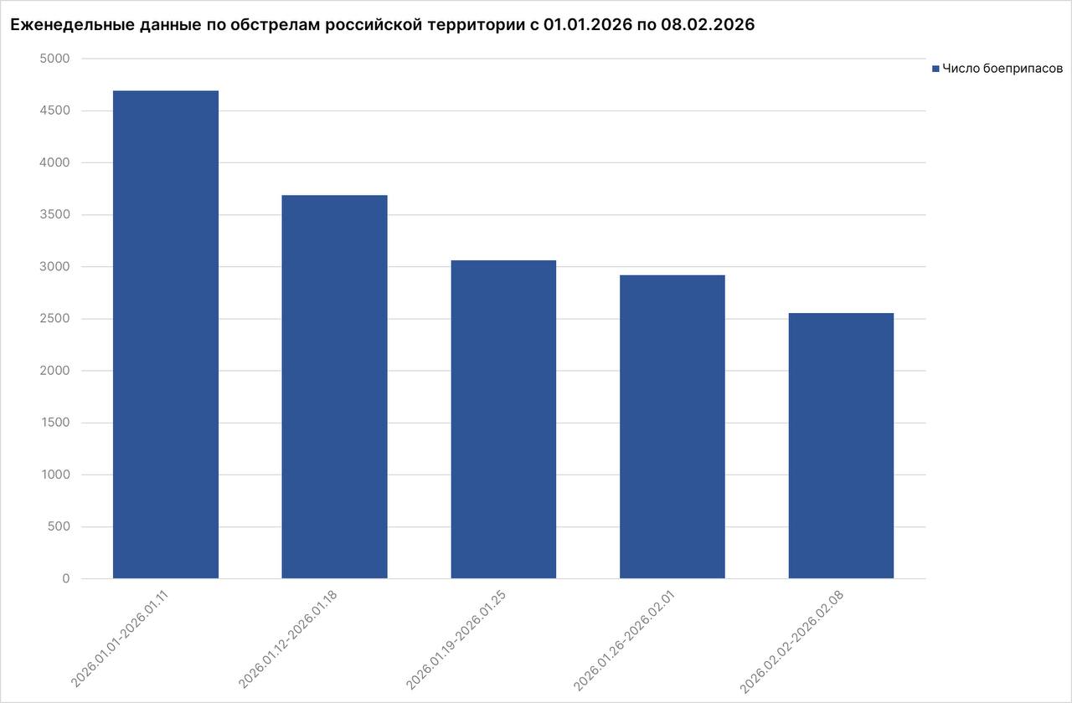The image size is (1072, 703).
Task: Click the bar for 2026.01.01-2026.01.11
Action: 166,335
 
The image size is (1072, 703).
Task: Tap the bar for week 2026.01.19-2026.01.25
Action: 503,419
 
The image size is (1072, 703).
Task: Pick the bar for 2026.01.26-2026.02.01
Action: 673,427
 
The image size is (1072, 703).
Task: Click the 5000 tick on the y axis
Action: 54,59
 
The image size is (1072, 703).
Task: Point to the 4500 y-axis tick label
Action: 54,110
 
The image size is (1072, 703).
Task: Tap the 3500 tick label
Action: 54,215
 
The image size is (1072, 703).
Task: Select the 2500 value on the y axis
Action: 54,319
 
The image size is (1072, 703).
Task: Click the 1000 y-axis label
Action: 54,475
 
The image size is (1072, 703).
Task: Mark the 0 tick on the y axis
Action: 65,579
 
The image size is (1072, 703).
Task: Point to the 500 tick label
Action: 58,527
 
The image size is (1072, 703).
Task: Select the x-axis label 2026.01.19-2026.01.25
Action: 456,640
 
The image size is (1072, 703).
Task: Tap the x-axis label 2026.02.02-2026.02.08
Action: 792,641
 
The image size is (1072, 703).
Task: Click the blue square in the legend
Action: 935,69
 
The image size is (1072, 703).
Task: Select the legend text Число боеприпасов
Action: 1002,69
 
